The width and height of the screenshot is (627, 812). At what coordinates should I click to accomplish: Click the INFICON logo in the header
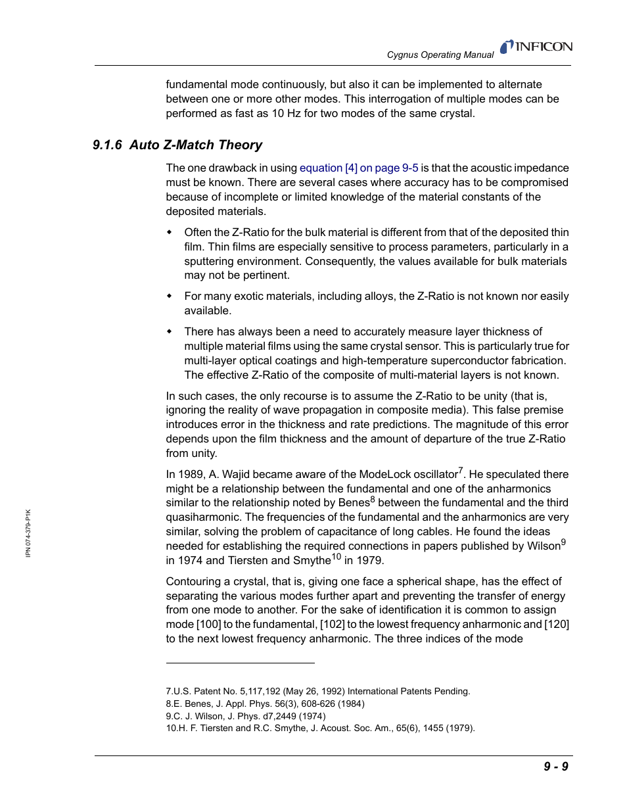pos(536,47)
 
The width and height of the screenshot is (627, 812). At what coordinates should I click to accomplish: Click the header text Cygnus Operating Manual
pos(440,55)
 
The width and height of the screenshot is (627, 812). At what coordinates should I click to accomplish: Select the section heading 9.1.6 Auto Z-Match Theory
pos(177,145)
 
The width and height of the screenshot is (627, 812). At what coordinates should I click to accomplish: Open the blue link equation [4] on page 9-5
pos(359,168)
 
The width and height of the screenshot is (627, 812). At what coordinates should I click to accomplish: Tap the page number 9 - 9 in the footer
pos(555,766)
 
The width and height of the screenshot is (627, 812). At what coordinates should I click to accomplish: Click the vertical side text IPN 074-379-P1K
pos(28,533)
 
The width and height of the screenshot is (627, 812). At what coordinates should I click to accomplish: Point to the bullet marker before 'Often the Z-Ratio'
pos(169,232)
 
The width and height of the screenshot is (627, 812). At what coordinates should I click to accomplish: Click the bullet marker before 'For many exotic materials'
pos(169,296)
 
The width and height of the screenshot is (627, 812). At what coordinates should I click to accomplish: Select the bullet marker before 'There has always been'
pos(169,331)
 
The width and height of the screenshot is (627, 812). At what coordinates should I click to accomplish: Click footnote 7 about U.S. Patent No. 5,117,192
pos(317,691)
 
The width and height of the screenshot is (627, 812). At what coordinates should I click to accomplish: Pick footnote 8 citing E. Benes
pos(265,704)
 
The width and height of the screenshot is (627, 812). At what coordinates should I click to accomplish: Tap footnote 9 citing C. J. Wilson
pos(245,716)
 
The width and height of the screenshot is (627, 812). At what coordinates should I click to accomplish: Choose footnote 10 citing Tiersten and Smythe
pos(320,728)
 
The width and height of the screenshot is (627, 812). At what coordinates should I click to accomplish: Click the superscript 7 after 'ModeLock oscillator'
pos(461,471)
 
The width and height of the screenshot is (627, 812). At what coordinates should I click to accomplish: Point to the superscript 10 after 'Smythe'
pos(336,557)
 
